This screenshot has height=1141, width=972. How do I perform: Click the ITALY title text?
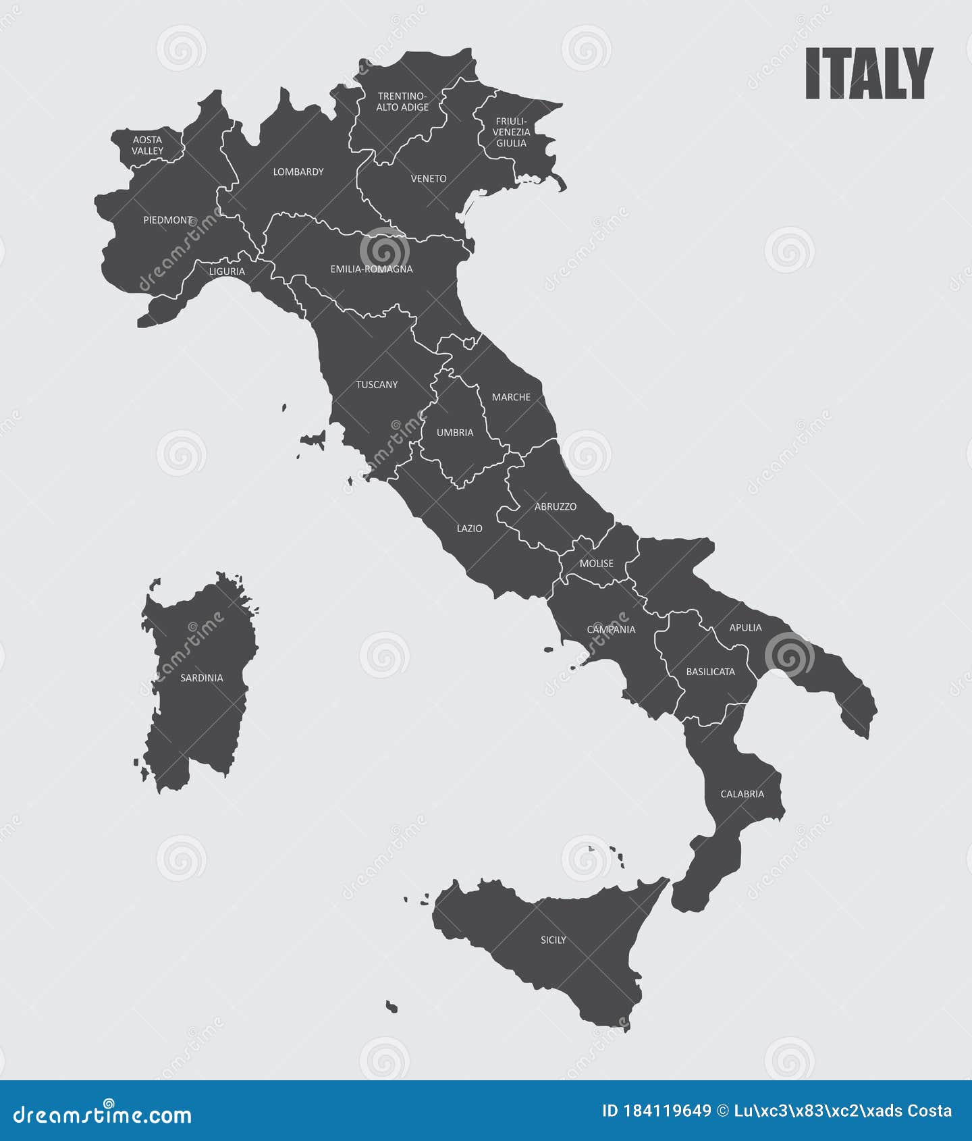tap(869, 74)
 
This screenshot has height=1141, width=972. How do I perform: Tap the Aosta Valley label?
tap(147, 145)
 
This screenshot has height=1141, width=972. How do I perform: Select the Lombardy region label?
tap(298, 172)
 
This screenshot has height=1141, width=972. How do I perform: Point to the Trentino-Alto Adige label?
tap(402, 102)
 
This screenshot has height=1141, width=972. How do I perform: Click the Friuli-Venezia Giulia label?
tap(511, 132)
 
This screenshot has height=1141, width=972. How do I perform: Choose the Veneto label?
tap(429, 179)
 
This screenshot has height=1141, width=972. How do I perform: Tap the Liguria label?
tap(227, 271)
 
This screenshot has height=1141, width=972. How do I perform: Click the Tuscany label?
tap(377, 385)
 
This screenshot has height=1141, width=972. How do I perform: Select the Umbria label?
tap(455, 433)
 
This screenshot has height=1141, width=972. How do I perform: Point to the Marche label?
tap(511, 397)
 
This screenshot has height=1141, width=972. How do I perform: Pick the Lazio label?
tap(469, 529)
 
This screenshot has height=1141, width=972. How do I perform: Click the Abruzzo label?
tap(556, 506)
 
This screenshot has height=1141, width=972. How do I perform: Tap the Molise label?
tap(597, 563)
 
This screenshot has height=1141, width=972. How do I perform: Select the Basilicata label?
tap(710, 672)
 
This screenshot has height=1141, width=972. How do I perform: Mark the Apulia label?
tap(745, 628)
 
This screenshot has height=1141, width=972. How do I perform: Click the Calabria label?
tap(742, 794)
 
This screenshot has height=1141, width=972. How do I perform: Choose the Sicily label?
tap(553, 940)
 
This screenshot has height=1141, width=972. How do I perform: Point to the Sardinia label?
tap(201, 678)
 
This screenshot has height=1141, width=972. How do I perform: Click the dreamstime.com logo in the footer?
tap(103, 1115)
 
